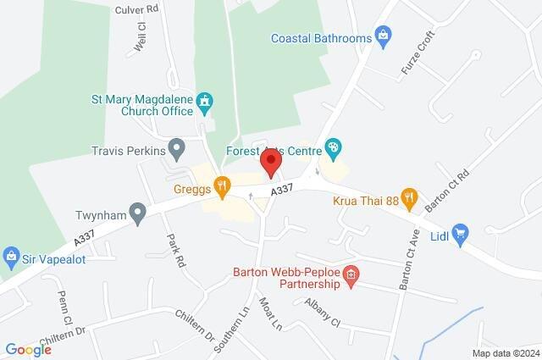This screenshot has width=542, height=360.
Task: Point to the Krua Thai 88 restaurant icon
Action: (x=410, y=197)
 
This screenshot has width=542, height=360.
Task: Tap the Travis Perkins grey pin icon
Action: (x=176, y=151)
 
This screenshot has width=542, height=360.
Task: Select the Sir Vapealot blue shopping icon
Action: (x=12, y=254)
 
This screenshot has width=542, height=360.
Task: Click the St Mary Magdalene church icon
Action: (x=204, y=102)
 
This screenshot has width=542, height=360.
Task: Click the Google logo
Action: (x=28, y=349)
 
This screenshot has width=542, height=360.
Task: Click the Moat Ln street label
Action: (x=270, y=309)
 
